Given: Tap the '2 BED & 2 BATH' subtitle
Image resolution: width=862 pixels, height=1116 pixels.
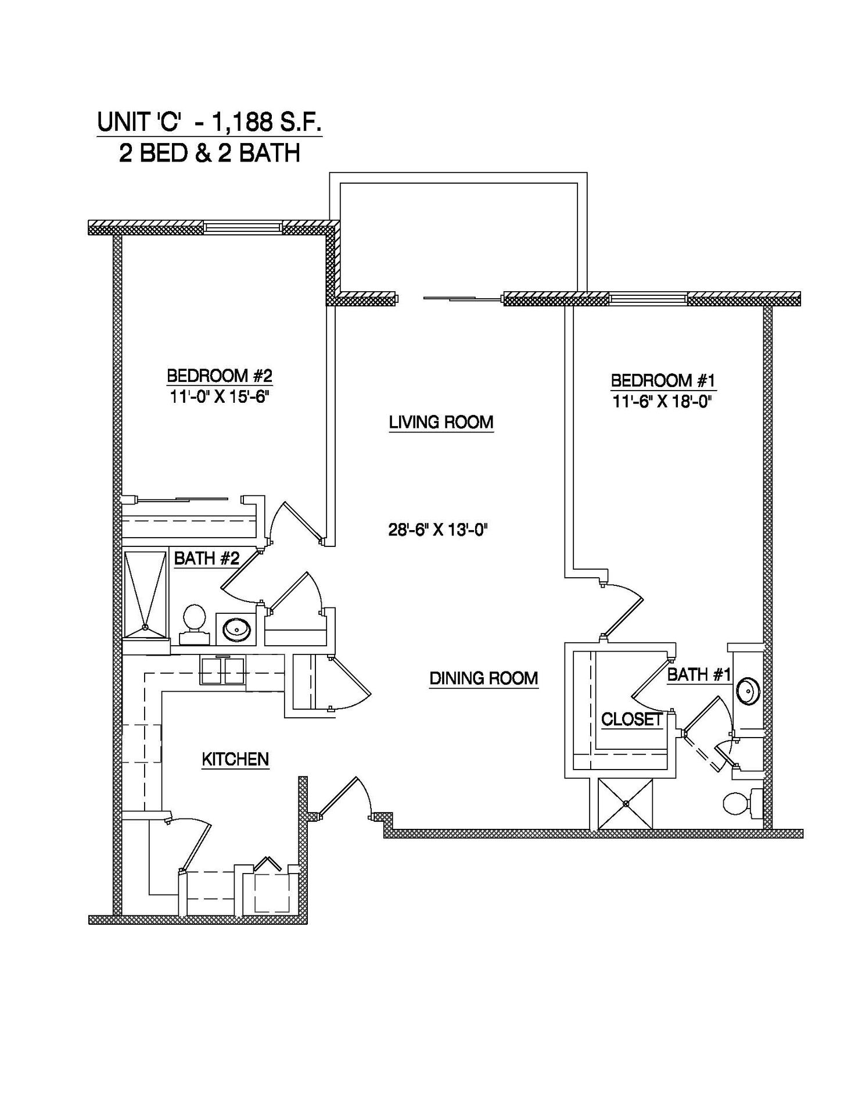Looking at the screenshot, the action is coord(209,153).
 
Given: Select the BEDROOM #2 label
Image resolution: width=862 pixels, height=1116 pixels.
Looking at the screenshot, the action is coord(220,375).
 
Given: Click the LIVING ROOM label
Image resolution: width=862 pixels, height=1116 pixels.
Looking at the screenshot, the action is coord(441,422).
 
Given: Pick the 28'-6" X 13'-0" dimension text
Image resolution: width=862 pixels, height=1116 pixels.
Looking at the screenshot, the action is coord(437,530).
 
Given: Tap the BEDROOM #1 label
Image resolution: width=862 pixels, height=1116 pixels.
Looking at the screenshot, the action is coord(663,381).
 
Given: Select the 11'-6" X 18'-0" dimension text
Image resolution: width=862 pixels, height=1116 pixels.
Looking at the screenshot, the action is coord(663,402).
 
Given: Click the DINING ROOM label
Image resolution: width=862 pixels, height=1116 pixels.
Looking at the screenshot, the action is coord(484,678).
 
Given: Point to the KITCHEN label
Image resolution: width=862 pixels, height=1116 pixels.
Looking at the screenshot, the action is coord(235,759).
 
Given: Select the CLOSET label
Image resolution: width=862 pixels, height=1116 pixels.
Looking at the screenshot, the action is coord(631,720).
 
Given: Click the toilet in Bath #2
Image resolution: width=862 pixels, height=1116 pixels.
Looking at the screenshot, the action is coord(195,624).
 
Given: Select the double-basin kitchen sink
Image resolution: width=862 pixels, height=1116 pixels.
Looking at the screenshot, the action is coord(223,671).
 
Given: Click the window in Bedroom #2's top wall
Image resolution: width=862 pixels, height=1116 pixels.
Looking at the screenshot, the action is coord(243,227).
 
